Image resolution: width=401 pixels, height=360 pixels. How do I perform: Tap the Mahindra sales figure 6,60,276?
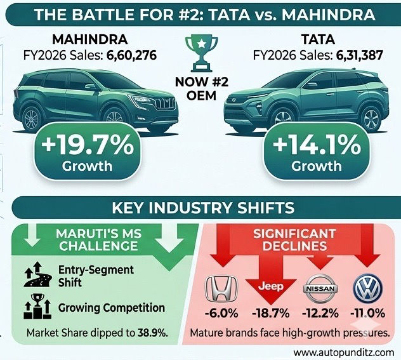129,55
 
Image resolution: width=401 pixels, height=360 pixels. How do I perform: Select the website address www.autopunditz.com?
343,351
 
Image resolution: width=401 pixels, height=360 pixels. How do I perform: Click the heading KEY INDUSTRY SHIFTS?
201,209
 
